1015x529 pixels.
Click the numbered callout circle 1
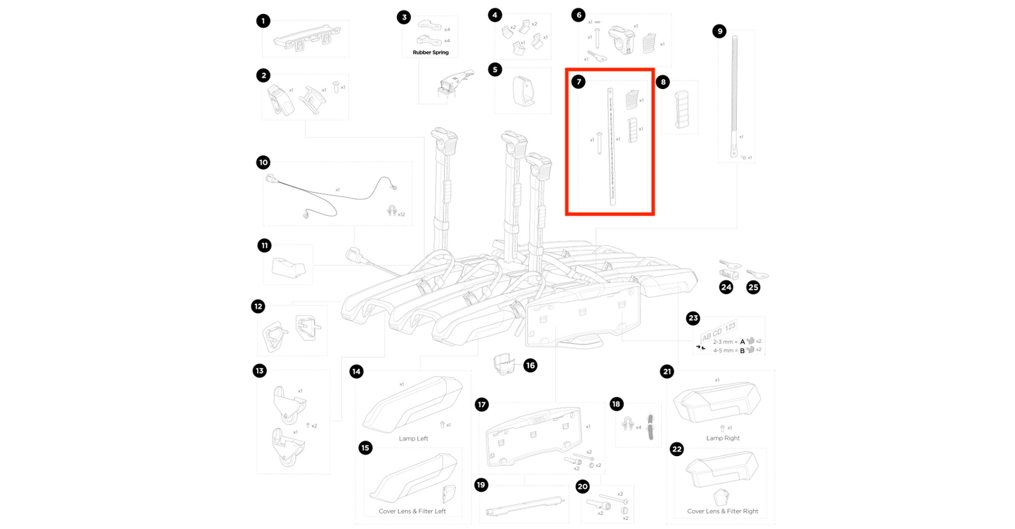263,21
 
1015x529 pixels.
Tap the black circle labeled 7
578,82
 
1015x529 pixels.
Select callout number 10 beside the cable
263,162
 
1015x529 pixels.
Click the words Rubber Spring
431,53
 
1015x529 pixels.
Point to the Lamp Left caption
413,438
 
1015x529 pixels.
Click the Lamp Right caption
723,438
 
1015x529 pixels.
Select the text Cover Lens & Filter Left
413,511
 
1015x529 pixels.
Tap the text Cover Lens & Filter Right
723,511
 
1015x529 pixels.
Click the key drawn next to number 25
757,274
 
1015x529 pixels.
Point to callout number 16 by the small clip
530,365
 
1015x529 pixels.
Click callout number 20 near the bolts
582,486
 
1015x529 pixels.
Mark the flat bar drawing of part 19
524,503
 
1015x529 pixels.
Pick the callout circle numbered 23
693,319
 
